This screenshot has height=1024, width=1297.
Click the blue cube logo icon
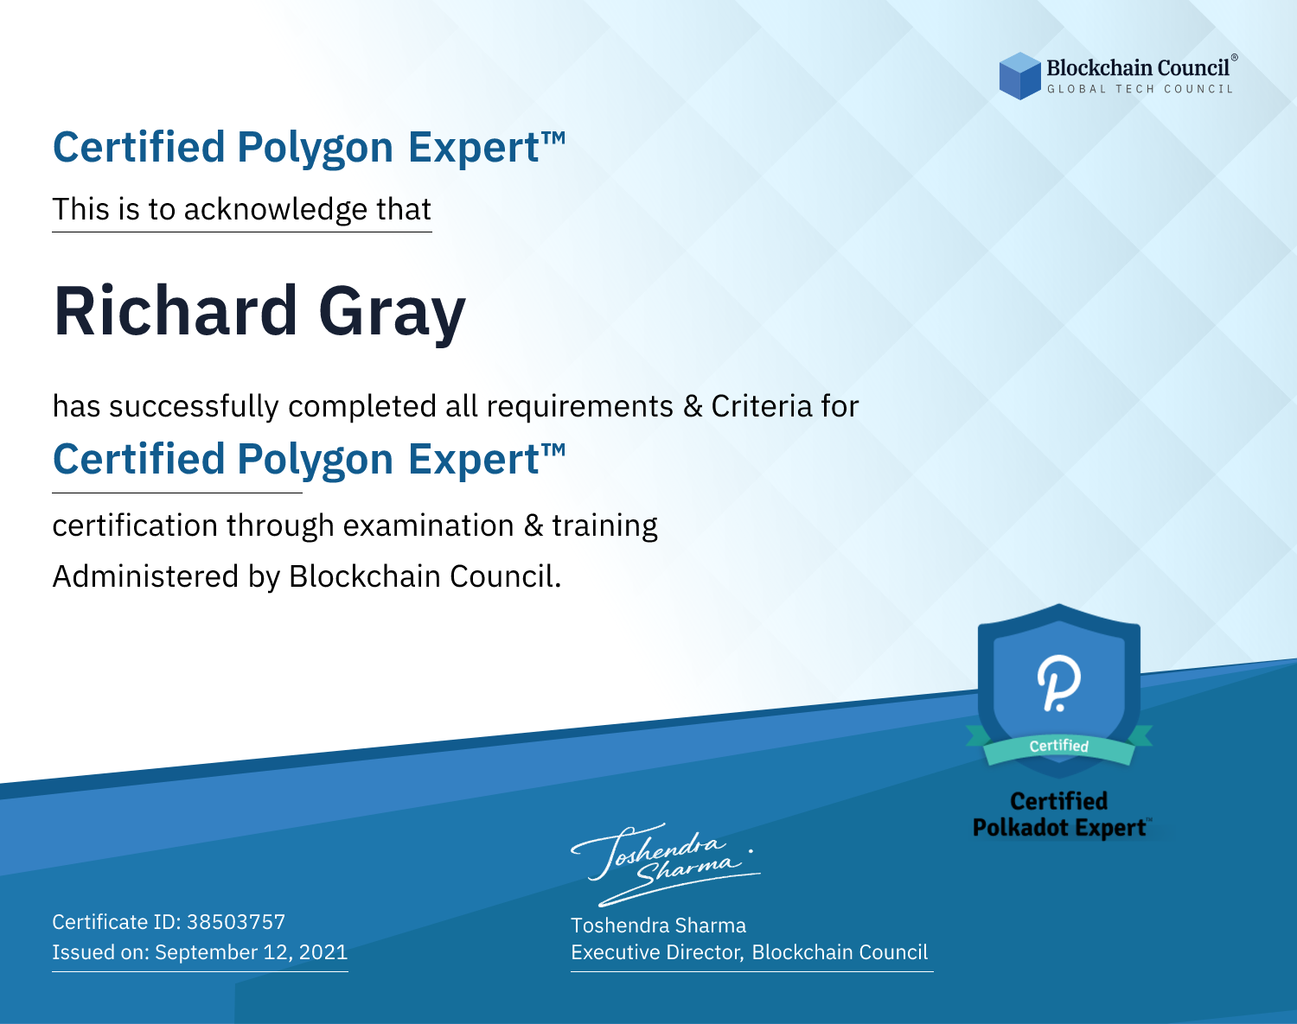(1019, 76)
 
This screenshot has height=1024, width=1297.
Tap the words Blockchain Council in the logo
(1138, 68)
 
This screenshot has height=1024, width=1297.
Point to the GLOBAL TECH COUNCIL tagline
(1140, 89)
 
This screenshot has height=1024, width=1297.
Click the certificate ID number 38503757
(236, 922)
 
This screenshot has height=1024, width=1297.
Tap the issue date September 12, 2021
(252, 952)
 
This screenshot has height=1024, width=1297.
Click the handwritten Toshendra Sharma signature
(665, 863)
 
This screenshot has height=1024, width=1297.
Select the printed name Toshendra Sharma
(658, 925)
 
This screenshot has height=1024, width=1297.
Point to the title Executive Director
(657, 952)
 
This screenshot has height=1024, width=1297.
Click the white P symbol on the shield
(1058, 683)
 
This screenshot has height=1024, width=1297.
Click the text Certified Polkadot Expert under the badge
(1059, 814)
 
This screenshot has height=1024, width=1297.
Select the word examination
(428, 525)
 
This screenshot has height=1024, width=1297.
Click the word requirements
(580, 406)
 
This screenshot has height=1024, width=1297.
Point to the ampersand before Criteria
(693, 406)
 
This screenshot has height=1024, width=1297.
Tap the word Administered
(145, 576)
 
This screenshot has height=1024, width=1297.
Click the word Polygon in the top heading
(316, 148)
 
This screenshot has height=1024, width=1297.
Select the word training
(604, 526)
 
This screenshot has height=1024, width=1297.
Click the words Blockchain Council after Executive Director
(840, 952)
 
